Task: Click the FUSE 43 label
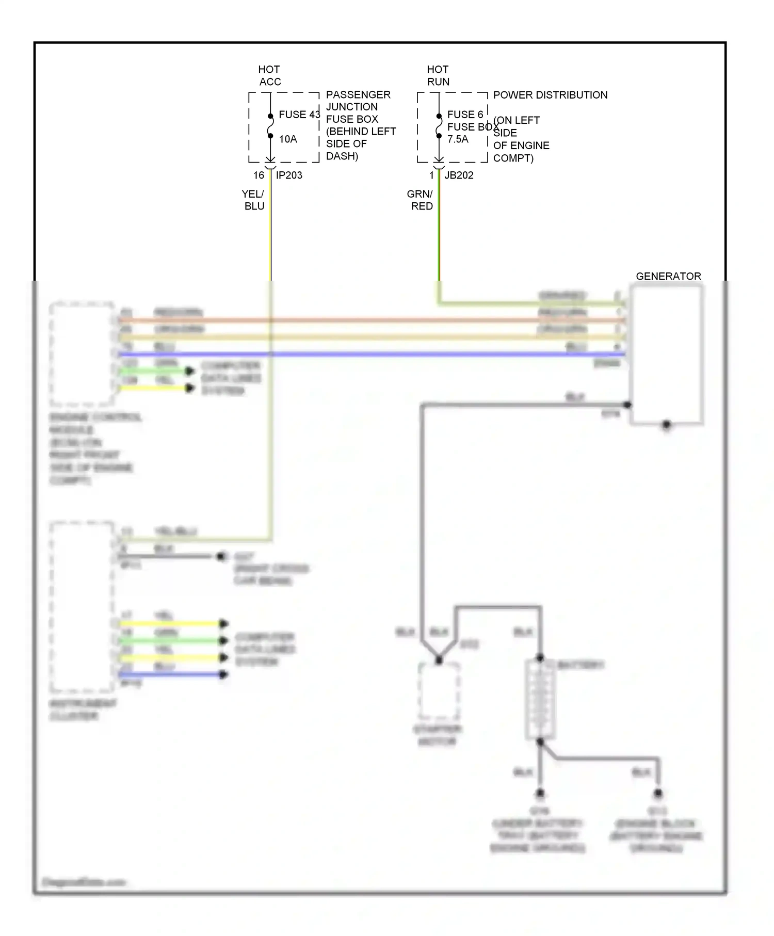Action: [299, 115]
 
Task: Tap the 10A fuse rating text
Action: [288, 139]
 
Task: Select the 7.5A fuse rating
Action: [458, 139]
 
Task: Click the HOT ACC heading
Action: [269, 75]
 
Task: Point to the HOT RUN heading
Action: [438, 75]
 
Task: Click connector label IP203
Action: [289, 175]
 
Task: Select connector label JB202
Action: [459, 175]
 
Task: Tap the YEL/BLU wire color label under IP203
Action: [254, 200]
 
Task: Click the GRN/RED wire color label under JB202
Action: [420, 200]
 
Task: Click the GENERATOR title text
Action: [668, 277]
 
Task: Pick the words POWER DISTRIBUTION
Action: [550, 95]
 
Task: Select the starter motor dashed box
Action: [439, 691]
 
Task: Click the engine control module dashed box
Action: [82, 354]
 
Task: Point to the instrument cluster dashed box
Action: [82, 606]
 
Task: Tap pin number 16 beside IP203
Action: [259, 175]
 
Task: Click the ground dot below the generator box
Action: [666, 425]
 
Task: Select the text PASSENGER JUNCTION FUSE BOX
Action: [358, 107]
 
